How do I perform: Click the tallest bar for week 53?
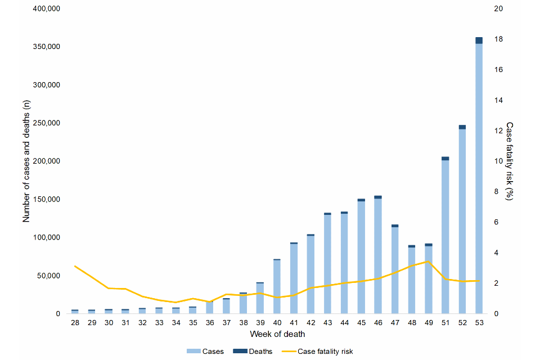point(479,177)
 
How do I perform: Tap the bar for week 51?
point(445,236)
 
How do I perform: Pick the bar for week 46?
point(377,256)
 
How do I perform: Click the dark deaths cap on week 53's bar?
point(479,40)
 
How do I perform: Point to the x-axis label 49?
point(428,323)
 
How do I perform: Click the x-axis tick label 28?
point(75,323)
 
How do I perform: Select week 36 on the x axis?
point(209,323)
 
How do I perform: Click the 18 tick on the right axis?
point(498,39)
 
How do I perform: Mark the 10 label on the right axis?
point(498,161)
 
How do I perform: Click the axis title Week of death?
point(277,334)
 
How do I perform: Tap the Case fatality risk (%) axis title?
point(510,161)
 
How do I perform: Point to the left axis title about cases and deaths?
point(26,161)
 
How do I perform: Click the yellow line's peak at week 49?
point(428,262)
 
